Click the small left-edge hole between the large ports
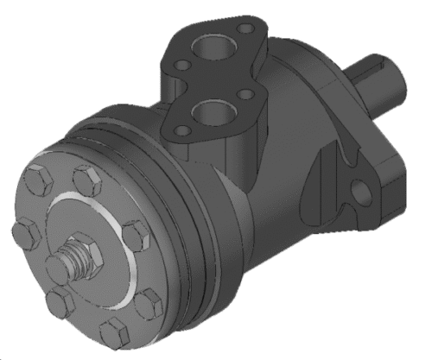click(182, 64)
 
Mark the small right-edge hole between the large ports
click(245, 93)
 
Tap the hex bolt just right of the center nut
click(135, 235)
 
